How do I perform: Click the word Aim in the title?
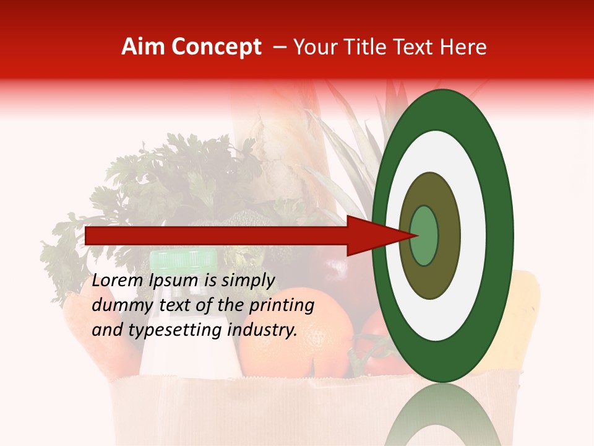[x=142, y=47]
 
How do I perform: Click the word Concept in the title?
[x=215, y=47]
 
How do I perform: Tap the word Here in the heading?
[x=464, y=47]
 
